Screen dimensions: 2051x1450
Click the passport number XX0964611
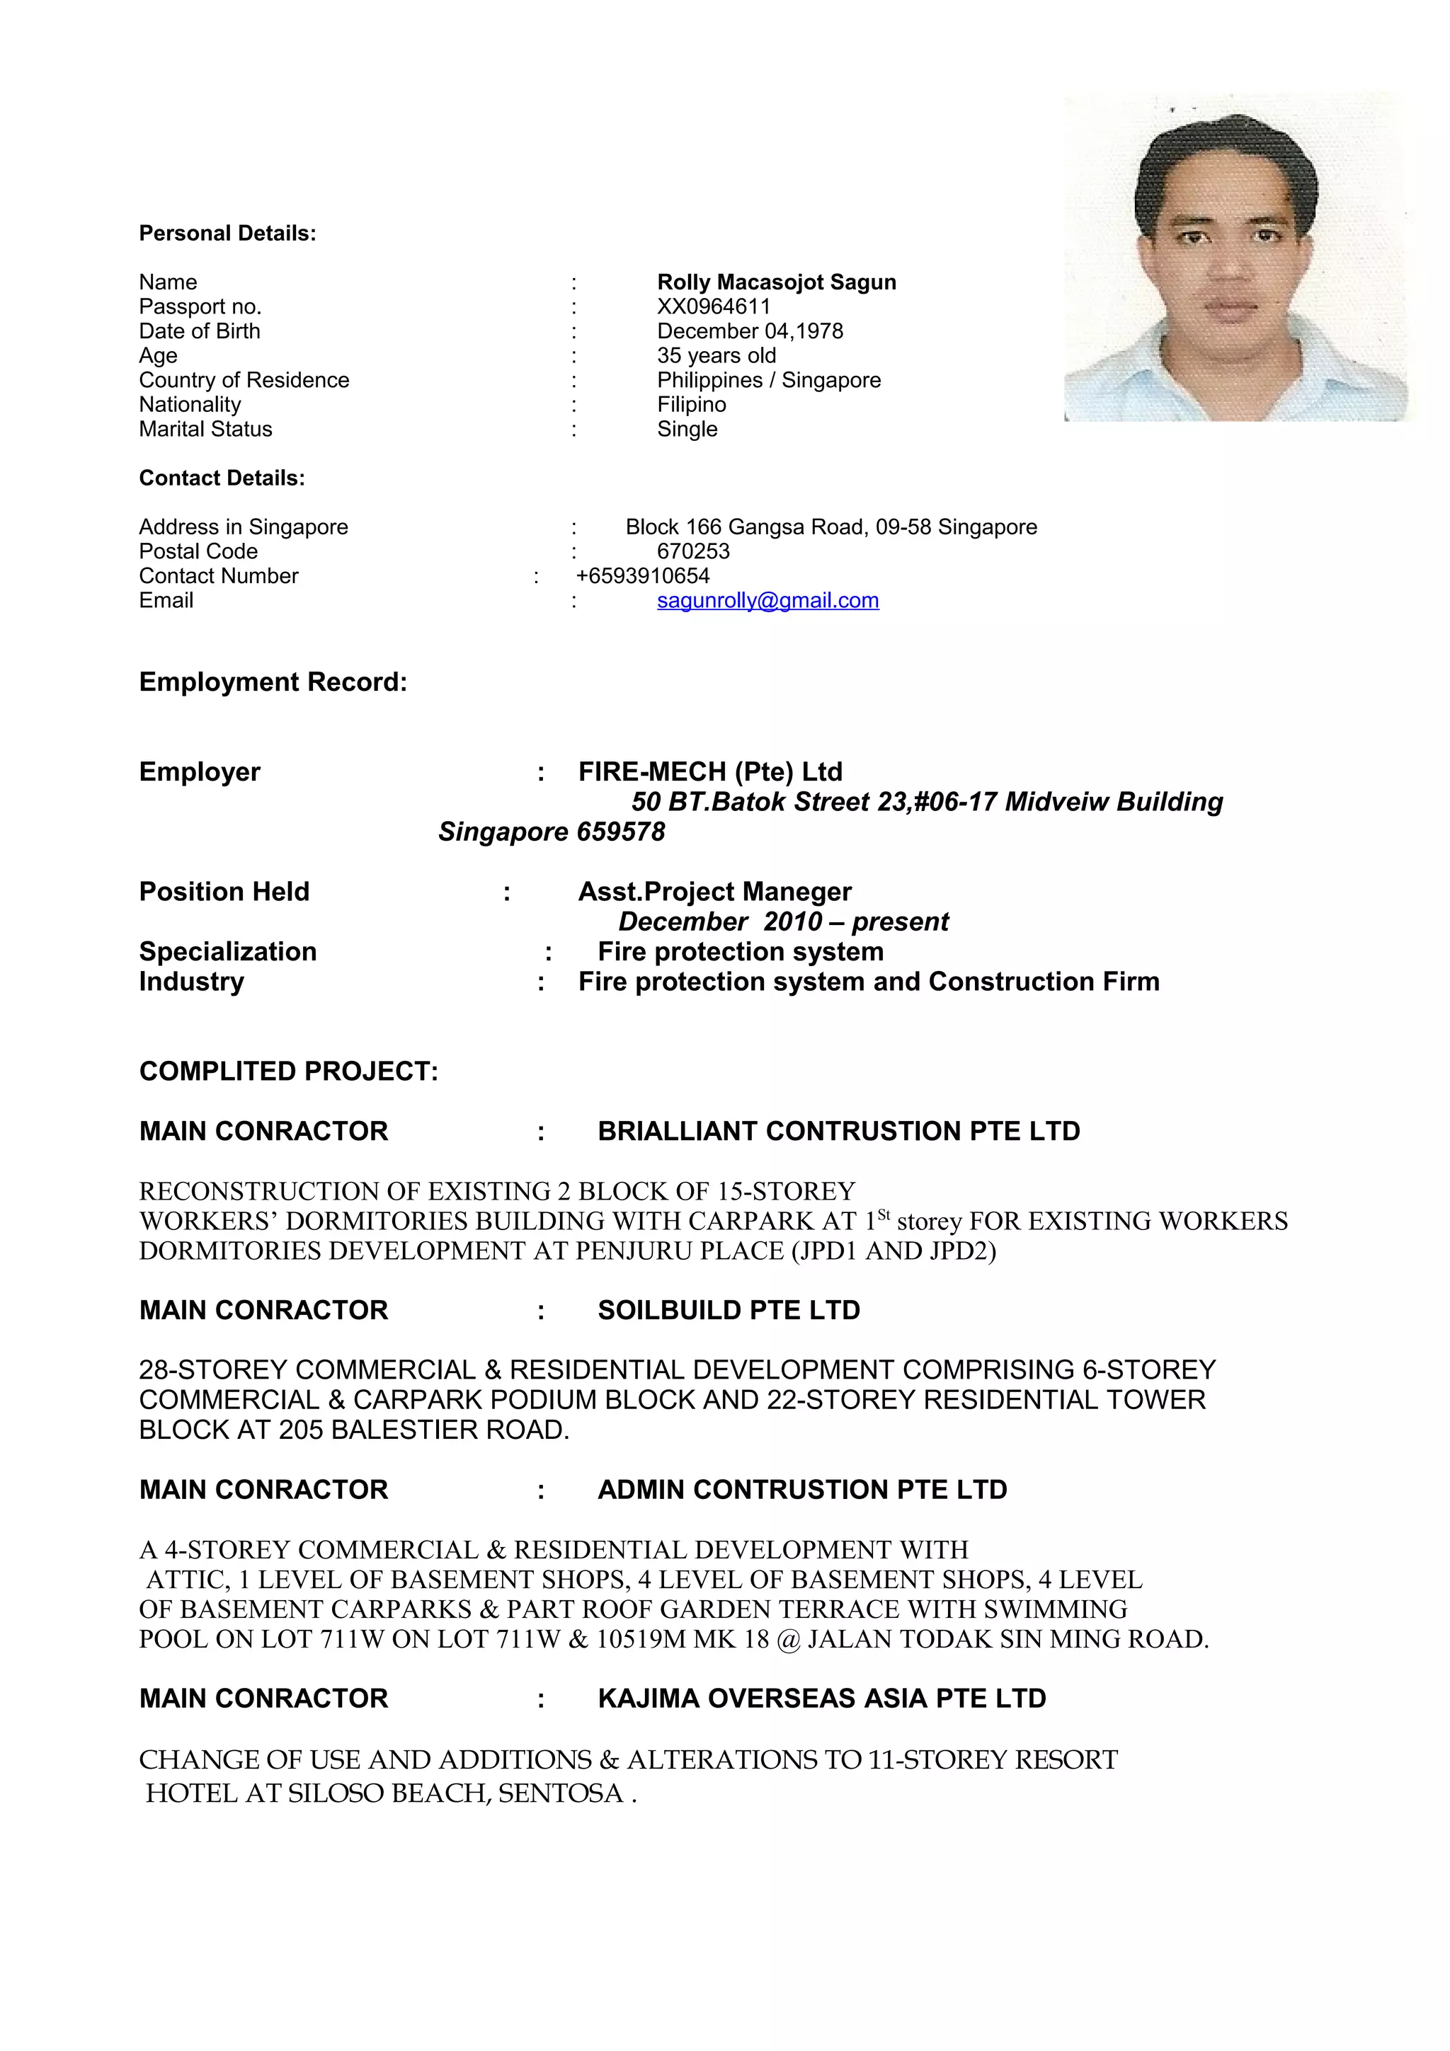click(x=713, y=306)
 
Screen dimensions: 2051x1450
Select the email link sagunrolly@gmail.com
click(x=767, y=600)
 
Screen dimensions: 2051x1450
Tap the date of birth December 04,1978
click(x=750, y=331)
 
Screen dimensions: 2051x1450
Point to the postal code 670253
click(x=692, y=551)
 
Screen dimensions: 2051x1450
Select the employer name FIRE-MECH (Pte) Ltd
click(x=710, y=772)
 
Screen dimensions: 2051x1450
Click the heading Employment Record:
click(x=273, y=682)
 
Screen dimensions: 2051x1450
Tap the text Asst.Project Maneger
click(x=714, y=892)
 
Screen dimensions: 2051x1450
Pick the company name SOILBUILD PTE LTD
click(x=728, y=1311)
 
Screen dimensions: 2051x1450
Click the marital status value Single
click(x=687, y=430)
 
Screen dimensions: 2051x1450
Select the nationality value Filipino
click(x=692, y=405)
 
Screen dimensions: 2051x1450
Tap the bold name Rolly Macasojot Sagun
click(x=777, y=282)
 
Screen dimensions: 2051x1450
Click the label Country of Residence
click(x=244, y=381)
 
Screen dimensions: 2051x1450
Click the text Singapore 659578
click(x=552, y=832)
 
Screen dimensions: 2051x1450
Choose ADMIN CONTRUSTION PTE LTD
click(x=802, y=1490)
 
